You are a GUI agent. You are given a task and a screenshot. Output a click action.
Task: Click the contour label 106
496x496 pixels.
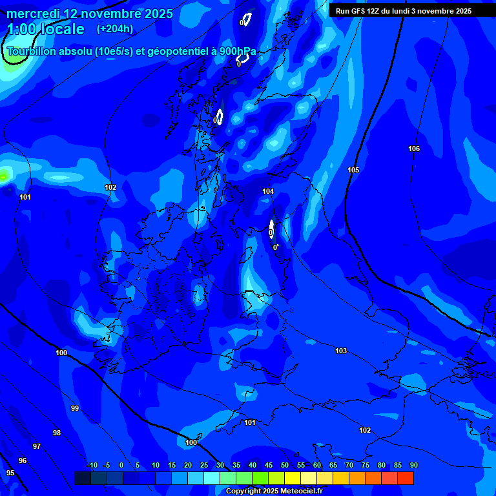point(414,149)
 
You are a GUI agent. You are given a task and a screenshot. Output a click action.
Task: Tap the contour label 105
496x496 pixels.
point(353,170)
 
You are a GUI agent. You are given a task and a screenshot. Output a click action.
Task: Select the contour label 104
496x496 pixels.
point(268,192)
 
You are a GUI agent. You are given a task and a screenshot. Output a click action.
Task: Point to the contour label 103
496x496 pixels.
point(341,351)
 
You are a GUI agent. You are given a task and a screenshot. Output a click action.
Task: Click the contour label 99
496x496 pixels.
point(75,409)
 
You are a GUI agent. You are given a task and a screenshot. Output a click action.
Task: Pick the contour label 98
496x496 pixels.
point(57,433)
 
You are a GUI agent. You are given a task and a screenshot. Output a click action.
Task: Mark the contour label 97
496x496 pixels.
point(37,447)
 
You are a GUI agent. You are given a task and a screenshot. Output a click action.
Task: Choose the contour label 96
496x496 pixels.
point(23,460)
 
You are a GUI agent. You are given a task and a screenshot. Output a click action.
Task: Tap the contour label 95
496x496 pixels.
point(10,473)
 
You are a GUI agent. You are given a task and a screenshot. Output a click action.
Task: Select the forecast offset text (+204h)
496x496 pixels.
point(115,29)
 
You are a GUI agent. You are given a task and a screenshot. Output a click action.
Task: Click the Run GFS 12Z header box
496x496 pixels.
point(411,11)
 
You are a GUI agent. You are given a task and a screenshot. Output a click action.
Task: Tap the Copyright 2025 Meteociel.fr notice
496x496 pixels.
point(274,491)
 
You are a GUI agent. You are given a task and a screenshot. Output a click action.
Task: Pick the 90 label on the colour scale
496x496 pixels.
point(413,466)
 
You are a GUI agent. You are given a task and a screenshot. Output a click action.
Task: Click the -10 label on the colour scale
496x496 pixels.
point(92,466)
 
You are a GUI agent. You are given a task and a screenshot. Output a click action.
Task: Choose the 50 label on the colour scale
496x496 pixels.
point(284,466)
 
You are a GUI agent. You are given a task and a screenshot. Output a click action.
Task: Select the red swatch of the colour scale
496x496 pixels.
point(406,478)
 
